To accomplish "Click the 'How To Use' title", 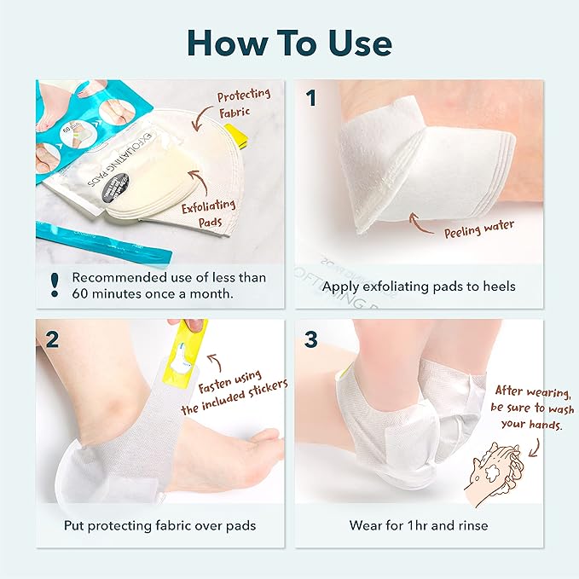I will [x=289, y=42].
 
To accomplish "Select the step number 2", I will [x=52, y=339].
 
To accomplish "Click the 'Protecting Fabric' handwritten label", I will [x=245, y=104].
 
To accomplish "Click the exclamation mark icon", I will [x=54, y=285].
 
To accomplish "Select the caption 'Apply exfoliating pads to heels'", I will [x=418, y=286].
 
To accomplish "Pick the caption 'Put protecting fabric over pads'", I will [x=159, y=525].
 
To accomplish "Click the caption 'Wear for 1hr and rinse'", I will [x=418, y=525].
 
